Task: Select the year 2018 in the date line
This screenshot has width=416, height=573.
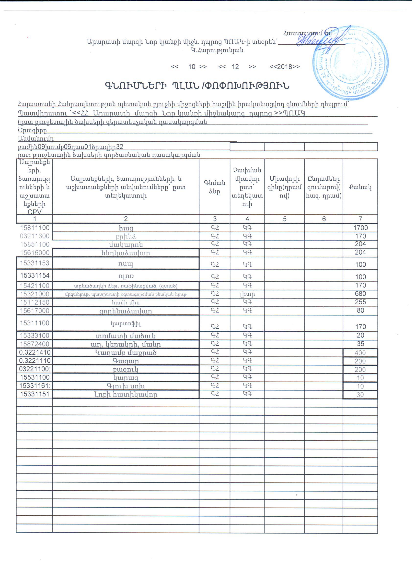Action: tap(285, 67)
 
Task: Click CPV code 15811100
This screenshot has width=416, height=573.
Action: tap(35, 228)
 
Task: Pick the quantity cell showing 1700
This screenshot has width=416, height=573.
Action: tap(360, 228)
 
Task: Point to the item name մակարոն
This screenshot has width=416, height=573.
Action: tap(126, 244)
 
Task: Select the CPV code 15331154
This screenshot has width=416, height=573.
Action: tap(35, 275)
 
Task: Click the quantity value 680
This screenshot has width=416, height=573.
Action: tap(360, 294)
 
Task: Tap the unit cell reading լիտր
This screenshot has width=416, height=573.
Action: tap(247, 294)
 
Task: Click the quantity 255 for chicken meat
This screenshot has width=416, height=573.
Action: tap(360, 302)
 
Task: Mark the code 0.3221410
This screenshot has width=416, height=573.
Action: tap(35, 352)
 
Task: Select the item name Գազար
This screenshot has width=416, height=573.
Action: tap(126, 361)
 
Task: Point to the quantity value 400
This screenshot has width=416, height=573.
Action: tap(360, 353)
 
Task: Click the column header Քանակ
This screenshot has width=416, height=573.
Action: tap(360, 187)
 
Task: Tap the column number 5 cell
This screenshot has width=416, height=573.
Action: tap(284, 219)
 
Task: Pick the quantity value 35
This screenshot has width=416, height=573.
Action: tap(360, 344)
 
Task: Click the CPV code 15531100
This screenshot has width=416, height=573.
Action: tap(35, 377)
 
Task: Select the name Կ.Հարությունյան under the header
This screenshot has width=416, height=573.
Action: tap(217, 50)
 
